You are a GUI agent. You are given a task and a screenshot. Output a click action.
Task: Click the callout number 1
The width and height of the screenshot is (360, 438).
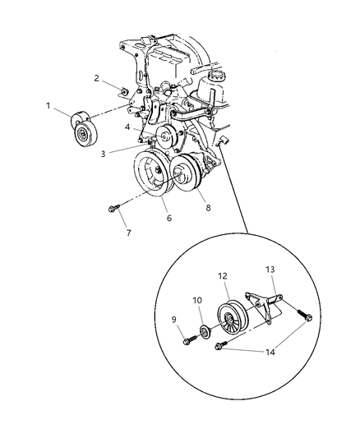[48, 106]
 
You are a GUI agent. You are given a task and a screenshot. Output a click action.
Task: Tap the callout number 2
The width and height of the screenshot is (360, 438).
[97, 79]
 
